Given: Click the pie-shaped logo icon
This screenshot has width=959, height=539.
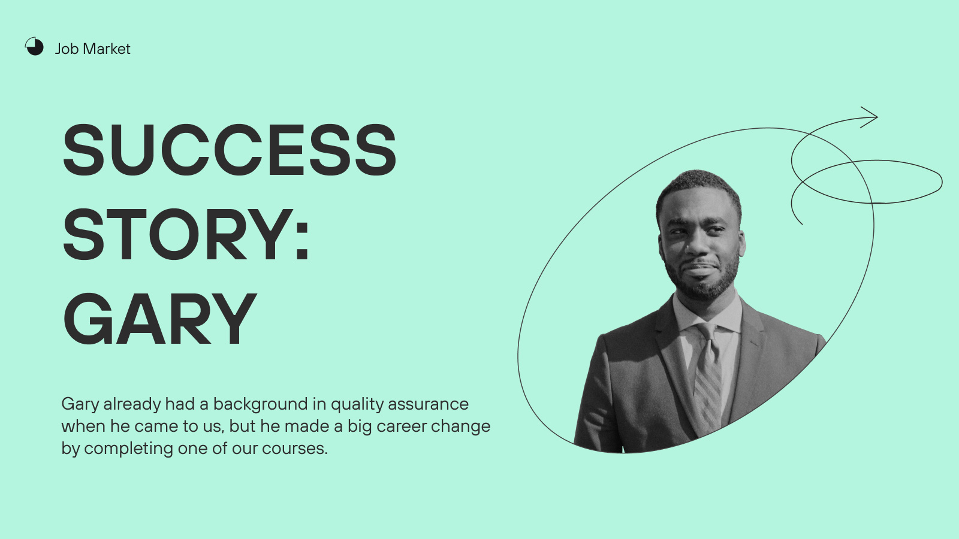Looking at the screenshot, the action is click(x=34, y=46).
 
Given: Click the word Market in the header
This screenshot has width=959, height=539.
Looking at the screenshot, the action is click(x=106, y=49).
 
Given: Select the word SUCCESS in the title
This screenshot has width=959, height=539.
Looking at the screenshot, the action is click(x=230, y=150).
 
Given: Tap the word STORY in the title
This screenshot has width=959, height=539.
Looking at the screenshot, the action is click(x=177, y=234).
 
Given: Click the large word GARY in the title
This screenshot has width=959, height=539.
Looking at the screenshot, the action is click(x=159, y=319).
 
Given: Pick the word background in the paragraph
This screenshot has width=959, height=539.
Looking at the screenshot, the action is click(x=260, y=404).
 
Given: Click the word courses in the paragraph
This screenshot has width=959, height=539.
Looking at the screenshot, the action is click(x=294, y=449).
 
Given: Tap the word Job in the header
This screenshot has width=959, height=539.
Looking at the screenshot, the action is click(x=67, y=49).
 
